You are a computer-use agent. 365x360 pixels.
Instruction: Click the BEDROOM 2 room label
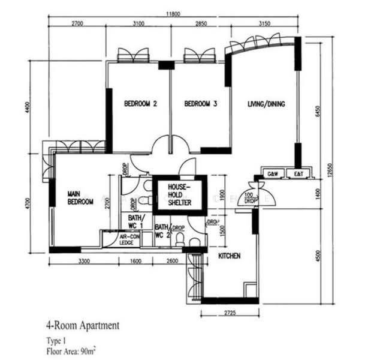140,104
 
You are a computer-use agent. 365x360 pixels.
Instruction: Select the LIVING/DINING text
266,104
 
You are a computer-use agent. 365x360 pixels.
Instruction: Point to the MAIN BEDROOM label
80,198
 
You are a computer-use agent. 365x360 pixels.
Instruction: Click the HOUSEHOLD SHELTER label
179,195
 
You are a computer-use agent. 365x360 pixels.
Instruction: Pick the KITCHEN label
229,256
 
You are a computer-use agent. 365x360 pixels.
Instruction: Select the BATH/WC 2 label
162,232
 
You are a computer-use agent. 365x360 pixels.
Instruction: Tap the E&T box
294,174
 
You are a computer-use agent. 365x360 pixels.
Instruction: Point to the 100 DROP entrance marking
249,199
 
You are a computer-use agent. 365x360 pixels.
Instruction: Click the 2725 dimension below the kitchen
229,313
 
